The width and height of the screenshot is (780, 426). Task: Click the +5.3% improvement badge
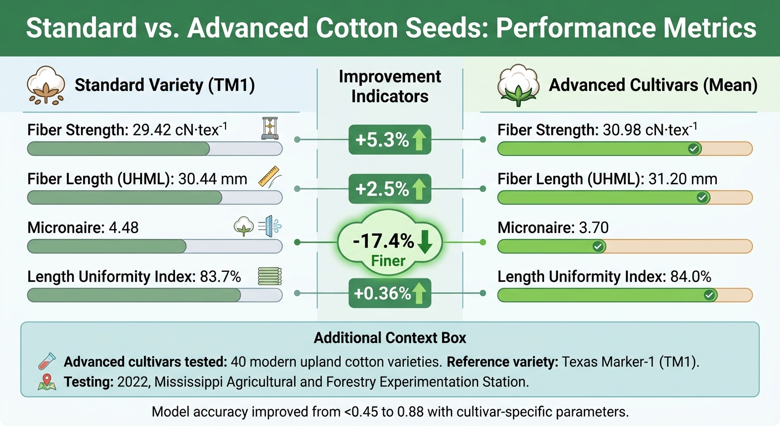[x=389, y=140]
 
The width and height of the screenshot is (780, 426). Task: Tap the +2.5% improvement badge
[x=389, y=189]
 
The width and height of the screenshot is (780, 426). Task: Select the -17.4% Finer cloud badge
[x=389, y=244]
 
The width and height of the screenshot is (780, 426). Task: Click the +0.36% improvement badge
[x=389, y=293]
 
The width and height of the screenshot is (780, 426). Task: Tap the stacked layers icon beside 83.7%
[x=270, y=276]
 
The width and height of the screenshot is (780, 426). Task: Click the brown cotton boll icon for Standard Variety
[x=44, y=86]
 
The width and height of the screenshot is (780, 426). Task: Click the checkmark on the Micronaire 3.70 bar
[x=598, y=246]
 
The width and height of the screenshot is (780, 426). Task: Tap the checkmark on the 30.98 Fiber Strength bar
[x=692, y=149]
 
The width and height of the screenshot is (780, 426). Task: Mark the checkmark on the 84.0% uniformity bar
[x=709, y=295]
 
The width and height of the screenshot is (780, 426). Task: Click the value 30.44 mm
[x=214, y=179]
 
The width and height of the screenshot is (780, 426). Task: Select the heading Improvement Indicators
[x=389, y=86]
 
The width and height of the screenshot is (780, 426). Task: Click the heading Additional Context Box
[x=389, y=338]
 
